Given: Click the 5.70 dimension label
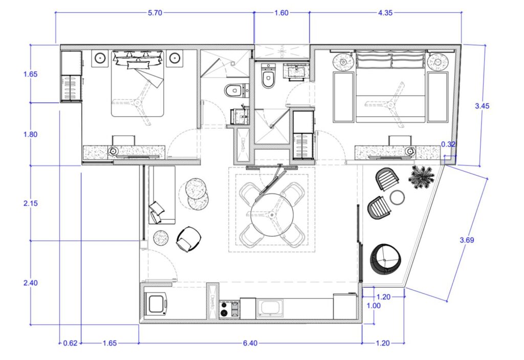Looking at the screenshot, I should tap(155, 13).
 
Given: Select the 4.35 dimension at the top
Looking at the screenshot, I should tap(385, 13).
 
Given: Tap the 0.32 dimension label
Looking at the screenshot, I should tap(448, 145).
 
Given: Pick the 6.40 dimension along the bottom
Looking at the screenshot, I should tap(250, 343).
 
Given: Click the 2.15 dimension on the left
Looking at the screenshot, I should tap(30, 203).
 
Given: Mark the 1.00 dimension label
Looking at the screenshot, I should tap(375, 305).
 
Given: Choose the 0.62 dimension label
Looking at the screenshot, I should tap(70, 343).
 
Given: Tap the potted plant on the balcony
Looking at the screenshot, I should tap(422, 177).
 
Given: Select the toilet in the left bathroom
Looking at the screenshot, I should tap(234, 91).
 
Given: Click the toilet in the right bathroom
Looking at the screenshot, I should tap(268, 78).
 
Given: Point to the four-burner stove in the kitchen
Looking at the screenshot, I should tap(229, 309).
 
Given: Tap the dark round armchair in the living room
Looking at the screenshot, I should tap(188, 239).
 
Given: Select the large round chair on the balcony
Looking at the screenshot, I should tap(386, 259).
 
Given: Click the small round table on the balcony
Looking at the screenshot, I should tap(398, 197).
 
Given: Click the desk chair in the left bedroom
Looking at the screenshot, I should tap(123, 140).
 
